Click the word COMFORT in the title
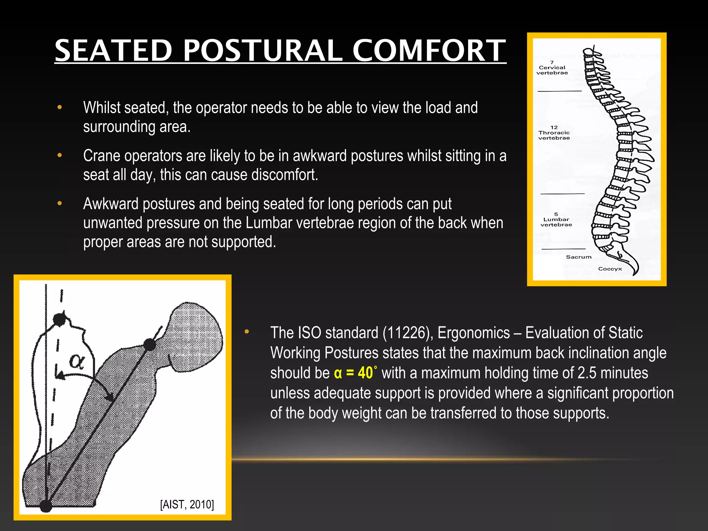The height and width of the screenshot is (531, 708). [429, 50]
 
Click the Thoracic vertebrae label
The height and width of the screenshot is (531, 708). [554, 133]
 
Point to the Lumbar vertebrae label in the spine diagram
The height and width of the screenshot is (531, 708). [556, 220]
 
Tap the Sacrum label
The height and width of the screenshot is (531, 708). [579, 257]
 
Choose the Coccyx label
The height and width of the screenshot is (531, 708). [610, 269]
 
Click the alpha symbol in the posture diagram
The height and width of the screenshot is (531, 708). [76, 361]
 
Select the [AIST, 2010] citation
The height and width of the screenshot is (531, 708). [187, 504]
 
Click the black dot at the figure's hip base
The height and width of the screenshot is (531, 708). [46, 505]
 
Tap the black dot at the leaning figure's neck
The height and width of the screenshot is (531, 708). [150, 345]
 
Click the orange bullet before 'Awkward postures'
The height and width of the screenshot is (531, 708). [60, 204]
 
